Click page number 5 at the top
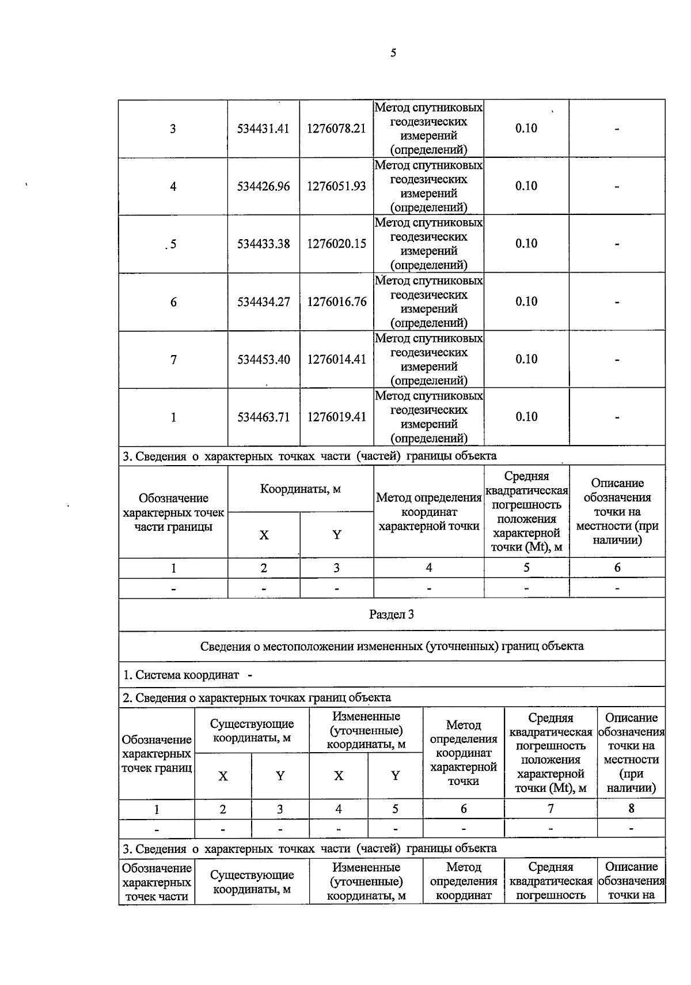point(393,54)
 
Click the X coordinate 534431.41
point(263,129)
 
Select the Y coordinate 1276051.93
point(336,186)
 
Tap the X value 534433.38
point(263,244)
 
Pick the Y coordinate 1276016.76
point(336,301)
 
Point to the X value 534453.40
point(263,360)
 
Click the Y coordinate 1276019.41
point(336,417)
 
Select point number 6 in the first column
point(173,302)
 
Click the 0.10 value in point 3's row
point(526,128)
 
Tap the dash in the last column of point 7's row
point(617,360)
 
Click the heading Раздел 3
point(392,614)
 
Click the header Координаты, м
point(300,489)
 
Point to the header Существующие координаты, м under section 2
point(252,731)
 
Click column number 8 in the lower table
point(631,809)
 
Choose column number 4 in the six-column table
point(428,568)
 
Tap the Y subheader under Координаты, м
point(336,535)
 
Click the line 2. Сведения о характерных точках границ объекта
point(257,698)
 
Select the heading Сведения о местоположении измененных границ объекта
point(392,646)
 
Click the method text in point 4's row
point(428,186)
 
